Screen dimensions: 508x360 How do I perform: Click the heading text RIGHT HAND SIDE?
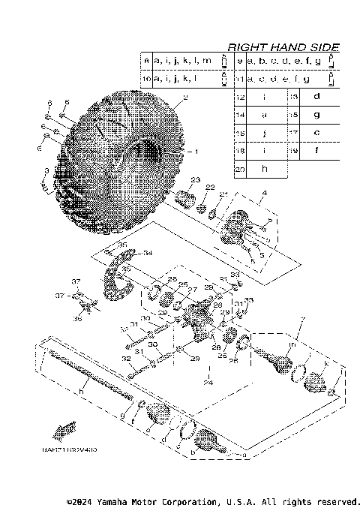(283, 47)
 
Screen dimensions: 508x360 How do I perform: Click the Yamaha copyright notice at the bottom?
(213, 500)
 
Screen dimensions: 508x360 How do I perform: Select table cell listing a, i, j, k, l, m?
(183, 60)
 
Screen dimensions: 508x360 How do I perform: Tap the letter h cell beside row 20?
(264, 169)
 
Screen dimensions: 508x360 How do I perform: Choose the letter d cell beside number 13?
(316, 97)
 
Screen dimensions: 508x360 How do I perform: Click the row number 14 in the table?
(240, 115)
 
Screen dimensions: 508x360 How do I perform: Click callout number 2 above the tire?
(184, 97)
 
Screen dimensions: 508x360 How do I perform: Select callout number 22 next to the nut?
(210, 187)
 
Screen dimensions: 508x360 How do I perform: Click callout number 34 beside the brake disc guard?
(147, 252)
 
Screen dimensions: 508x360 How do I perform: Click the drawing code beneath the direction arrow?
(74, 450)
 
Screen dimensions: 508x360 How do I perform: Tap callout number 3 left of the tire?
(46, 172)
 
